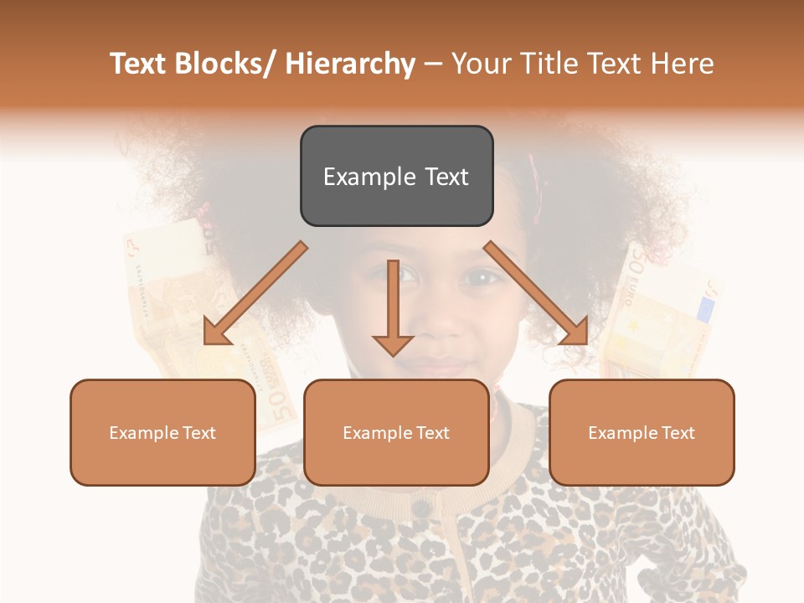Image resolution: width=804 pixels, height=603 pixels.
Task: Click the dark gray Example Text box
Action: click(396, 176)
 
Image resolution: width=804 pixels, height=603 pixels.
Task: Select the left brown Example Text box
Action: click(162, 432)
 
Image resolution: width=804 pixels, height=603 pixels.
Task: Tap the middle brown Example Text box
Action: click(396, 432)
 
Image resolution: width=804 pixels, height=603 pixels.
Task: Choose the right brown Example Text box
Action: click(642, 432)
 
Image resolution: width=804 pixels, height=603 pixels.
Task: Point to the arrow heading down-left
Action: click(255, 293)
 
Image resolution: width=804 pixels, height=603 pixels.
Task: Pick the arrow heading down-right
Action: click(537, 293)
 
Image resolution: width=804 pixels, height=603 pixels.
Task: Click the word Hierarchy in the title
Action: click(349, 64)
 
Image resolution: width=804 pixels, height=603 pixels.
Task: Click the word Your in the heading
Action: click(479, 64)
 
